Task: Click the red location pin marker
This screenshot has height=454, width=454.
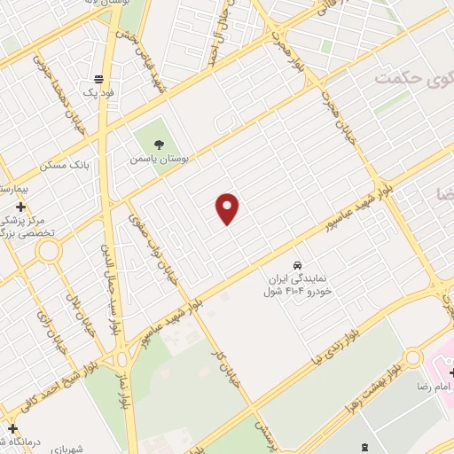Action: coord(228,208)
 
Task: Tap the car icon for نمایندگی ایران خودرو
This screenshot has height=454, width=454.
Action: coord(298,265)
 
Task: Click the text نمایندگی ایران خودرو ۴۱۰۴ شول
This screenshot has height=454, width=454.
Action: coord(298,284)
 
